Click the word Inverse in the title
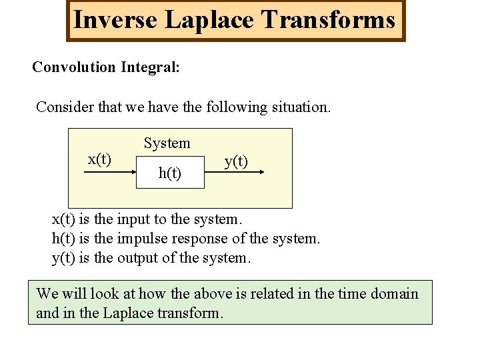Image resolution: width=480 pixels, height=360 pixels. (115, 20)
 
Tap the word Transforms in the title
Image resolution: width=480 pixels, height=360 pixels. (329, 20)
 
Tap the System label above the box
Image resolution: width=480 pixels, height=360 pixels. (167, 143)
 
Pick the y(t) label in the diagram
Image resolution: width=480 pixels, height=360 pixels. (236, 161)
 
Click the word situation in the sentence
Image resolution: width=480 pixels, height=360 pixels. (301, 107)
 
